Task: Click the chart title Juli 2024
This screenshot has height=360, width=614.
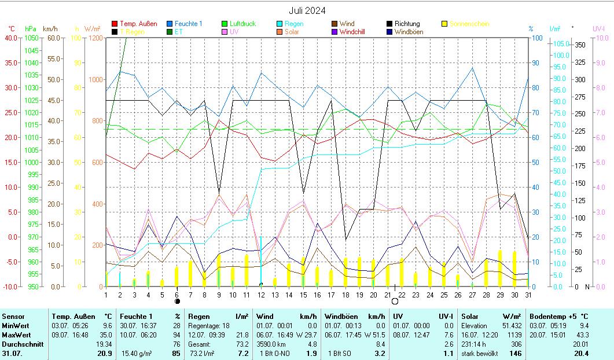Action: [x=307, y=10]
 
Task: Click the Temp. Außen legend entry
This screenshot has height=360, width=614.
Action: [x=137, y=24]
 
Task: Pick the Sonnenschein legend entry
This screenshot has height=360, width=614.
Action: [x=469, y=24]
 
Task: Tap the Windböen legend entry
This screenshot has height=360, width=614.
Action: [x=408, y=32]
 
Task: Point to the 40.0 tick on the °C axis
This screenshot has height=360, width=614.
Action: [x=10, y=38]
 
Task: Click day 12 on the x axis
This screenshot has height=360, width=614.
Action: [x=262, y=295]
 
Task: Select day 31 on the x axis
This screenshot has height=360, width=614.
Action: [x=528, y=295]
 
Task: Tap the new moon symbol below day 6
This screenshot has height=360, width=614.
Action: [x=177, y=302]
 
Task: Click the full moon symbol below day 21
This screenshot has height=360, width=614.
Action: [x=395, y=302]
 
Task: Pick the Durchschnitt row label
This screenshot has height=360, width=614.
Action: [x=21, y=344]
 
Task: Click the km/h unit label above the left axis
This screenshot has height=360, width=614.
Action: [x=50, y=28]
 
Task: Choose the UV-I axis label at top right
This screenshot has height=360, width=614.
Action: [x=598, y=28]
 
